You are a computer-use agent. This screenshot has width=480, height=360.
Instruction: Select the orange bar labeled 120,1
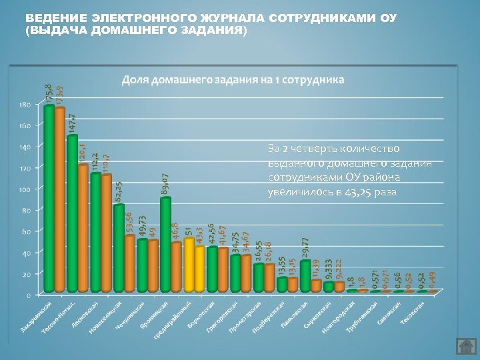pos(83,227)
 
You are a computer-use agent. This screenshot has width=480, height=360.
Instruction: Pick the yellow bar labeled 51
pos(189,265)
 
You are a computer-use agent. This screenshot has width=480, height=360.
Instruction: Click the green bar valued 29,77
pos(305,276)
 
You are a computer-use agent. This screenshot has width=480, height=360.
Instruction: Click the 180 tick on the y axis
pos(24,105)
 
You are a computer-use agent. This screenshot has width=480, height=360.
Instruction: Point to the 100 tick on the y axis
pos(24,189)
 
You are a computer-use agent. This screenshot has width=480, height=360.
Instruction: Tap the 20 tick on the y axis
pos(26,274)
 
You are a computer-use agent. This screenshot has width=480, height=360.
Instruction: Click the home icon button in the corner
pos(464,346)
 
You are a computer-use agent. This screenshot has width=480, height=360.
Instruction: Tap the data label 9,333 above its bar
pos(329,271)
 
